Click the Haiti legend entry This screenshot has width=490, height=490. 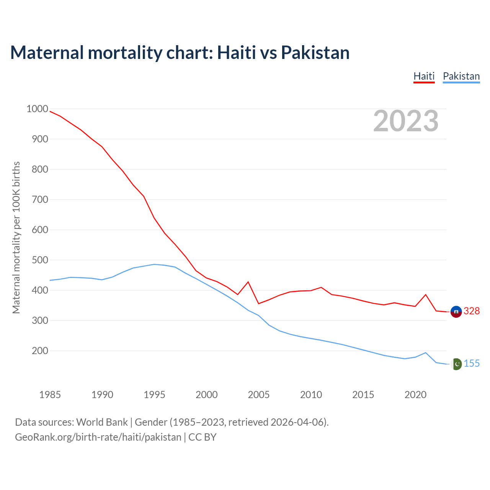point(424,76)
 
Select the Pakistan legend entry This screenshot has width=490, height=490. point(461,76)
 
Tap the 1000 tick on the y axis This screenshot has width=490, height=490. point(37,109)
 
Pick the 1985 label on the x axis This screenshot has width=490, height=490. point(50,395)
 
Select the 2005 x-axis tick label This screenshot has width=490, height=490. point(259,395)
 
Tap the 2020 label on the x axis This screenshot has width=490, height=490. point(415,395)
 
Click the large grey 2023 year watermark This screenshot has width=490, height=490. point(406,121)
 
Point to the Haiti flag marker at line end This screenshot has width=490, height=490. point(456,312)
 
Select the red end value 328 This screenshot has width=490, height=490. point(472,311)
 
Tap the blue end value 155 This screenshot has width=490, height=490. point(472,364)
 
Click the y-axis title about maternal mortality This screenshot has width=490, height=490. point(16,237)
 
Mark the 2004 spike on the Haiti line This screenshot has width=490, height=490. point(248,282)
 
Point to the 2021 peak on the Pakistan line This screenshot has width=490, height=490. point(426,353)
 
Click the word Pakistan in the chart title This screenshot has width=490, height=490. point(315,52)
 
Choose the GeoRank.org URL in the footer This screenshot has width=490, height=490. point(98,437)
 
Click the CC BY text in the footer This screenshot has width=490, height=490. point(203,437)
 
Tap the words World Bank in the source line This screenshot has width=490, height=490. point(102,422)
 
